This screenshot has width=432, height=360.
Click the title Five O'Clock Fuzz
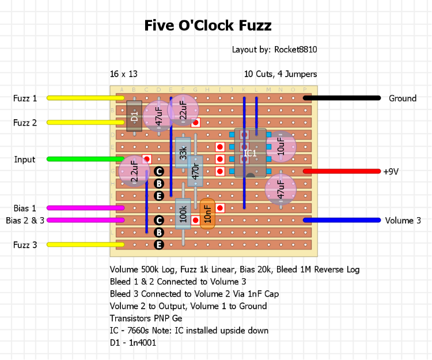point(207,26)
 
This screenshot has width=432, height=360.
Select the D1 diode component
point(134,117)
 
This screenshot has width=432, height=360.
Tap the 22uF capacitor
point(183,108)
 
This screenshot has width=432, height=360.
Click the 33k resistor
point(183,153)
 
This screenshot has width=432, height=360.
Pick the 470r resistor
point(195,170)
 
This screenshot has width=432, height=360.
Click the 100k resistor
point(183,214)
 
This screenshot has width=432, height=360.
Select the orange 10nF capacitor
point(207,214)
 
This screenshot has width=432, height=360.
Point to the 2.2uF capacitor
point(134,171)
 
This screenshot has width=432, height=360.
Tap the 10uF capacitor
point(281,146)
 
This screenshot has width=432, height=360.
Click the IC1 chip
point(250,153)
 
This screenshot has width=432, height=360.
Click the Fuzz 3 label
point(25,245)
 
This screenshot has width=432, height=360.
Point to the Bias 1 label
point(25,208)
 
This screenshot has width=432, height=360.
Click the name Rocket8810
point(295,50)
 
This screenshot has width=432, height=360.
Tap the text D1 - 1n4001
point(133,343)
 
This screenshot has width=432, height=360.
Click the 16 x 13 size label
point(124,74)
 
